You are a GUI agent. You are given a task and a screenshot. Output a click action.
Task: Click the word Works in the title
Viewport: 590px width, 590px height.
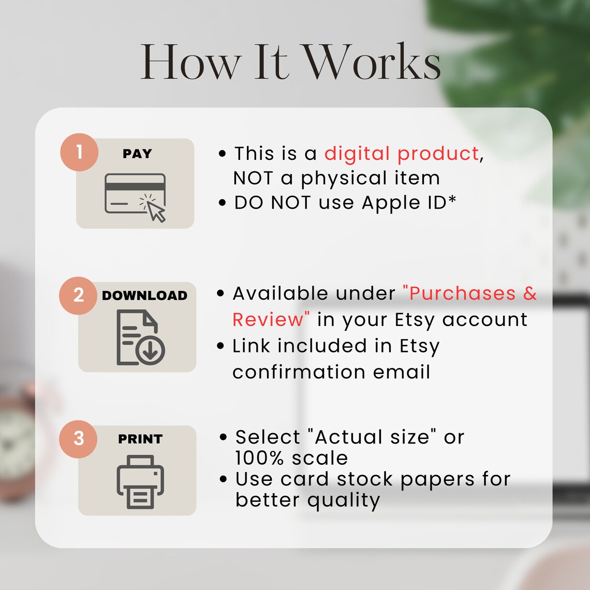coord(372,62)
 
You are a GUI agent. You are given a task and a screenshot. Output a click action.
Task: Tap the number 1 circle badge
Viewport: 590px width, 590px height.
coord(79,152)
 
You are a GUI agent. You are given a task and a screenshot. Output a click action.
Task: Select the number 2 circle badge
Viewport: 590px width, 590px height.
coord(78,296)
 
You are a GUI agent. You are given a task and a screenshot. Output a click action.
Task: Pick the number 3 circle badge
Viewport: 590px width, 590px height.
coord(78,439)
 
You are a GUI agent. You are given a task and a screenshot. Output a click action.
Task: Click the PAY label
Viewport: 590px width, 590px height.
coord(137,154)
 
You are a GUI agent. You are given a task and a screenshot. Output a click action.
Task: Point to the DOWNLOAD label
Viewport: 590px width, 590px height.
coord(144,296)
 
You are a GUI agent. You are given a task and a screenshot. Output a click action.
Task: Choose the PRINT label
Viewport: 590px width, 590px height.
coord(140,439)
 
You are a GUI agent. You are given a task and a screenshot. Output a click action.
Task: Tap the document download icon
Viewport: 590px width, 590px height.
coord(140,337)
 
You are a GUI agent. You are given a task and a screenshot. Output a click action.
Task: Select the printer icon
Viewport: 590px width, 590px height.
coord(140,482)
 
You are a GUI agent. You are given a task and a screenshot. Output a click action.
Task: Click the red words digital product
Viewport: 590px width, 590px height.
coord(402,154)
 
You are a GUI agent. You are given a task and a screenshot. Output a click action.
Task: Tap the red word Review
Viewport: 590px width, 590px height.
coord(268,320)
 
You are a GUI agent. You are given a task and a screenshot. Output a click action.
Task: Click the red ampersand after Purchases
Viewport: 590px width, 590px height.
coord(530,293)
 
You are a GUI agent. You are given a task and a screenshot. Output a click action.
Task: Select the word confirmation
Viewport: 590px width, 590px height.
coord(299,372)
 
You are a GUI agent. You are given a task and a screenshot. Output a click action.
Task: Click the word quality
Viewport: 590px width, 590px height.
coord(344,500)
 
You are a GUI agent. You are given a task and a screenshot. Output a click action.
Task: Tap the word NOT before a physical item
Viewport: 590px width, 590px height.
coord(253,178)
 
